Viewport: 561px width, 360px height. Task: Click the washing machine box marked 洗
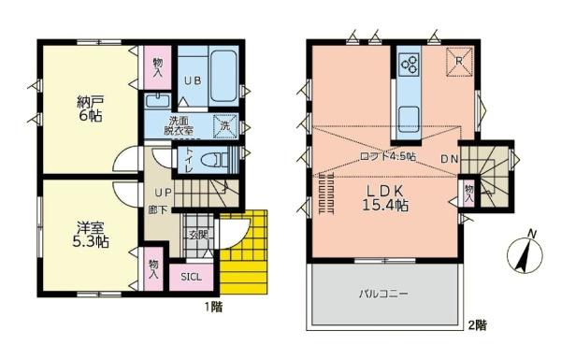click(x=224, y=125)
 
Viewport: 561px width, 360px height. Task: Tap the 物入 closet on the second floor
click(x=468, y=194)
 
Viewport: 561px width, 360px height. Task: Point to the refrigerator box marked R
click(x=458, y=62)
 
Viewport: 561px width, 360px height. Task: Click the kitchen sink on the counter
click(x=410, y=120)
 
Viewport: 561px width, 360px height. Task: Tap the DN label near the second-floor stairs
click(x=451, y=158)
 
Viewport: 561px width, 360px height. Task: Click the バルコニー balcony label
click(x=386, y=293)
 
